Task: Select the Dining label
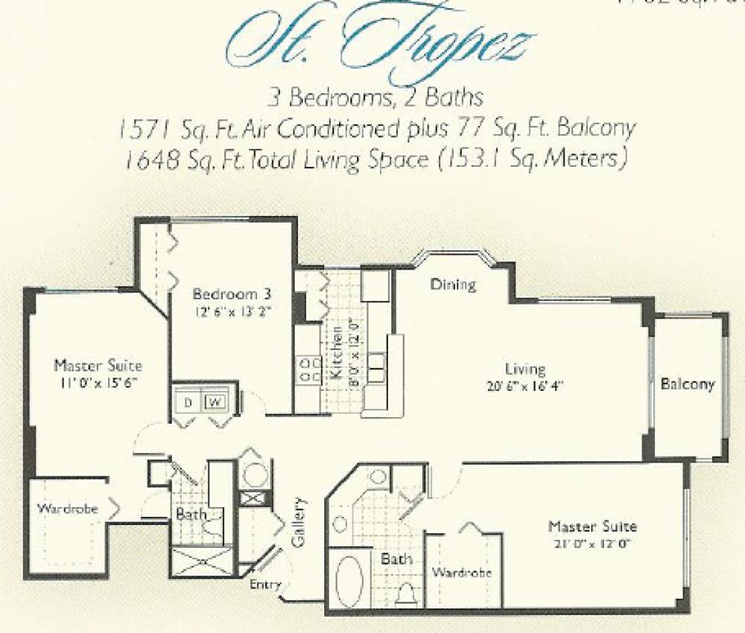453,284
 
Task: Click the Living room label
526,369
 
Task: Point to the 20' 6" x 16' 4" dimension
524,387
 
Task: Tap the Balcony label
687,385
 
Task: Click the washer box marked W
215,403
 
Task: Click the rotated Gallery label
300,523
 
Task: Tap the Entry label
266,585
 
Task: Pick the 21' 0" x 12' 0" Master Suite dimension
592,544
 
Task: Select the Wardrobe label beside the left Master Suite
63,509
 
